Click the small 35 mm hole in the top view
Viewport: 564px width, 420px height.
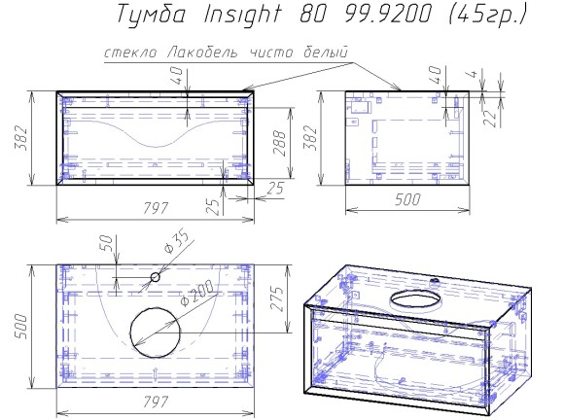coord(155,277)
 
